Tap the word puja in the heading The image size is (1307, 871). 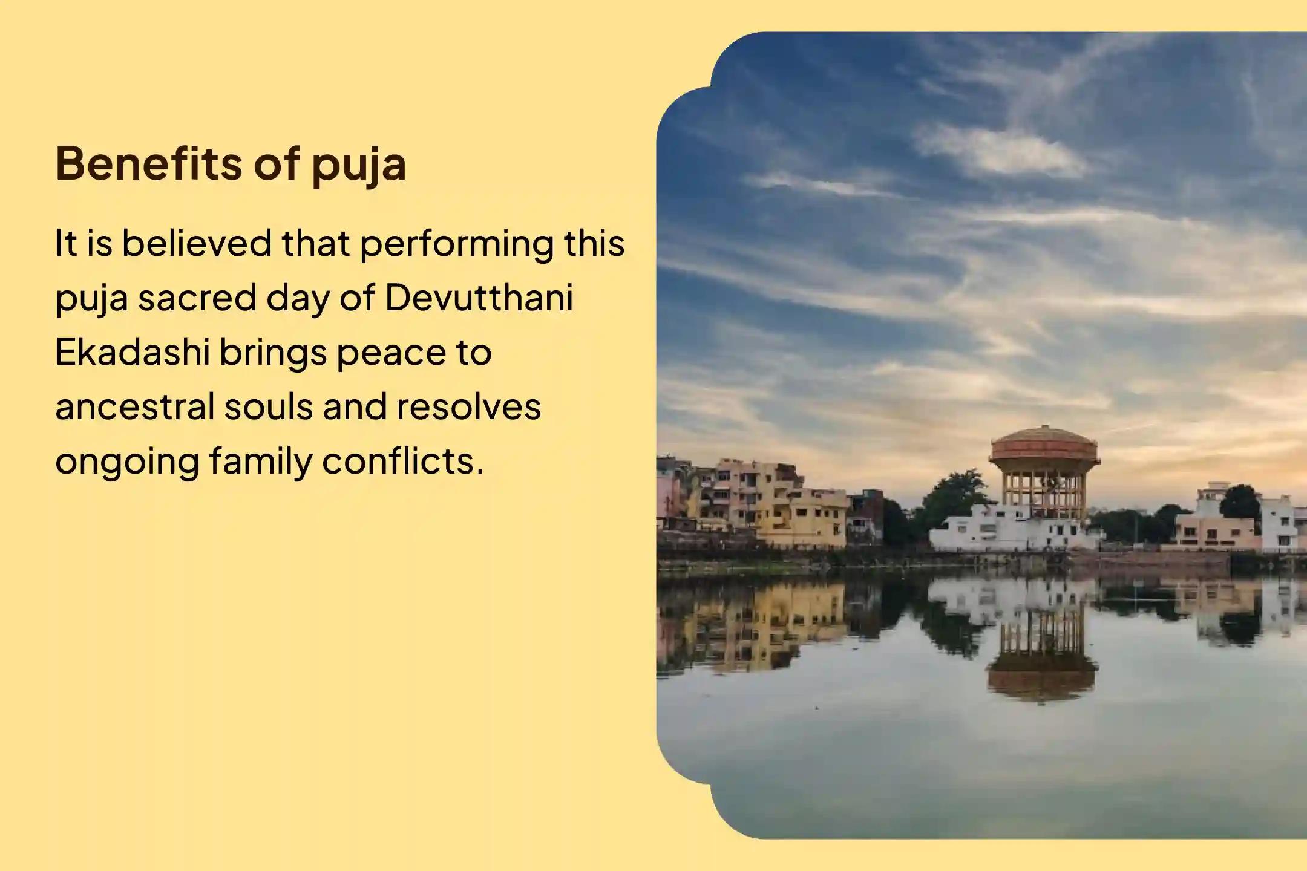359,165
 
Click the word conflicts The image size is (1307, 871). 403,461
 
